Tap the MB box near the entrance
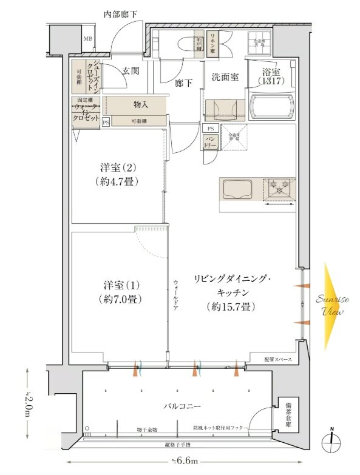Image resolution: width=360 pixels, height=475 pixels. [87, 41]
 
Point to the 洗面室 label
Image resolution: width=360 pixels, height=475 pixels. [224, 77]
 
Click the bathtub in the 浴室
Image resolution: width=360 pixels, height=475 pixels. [271, 107]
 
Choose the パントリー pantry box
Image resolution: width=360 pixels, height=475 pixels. [210, 143]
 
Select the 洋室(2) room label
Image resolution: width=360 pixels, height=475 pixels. [114, 167]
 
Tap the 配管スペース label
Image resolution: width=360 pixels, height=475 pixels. [277, 360]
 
